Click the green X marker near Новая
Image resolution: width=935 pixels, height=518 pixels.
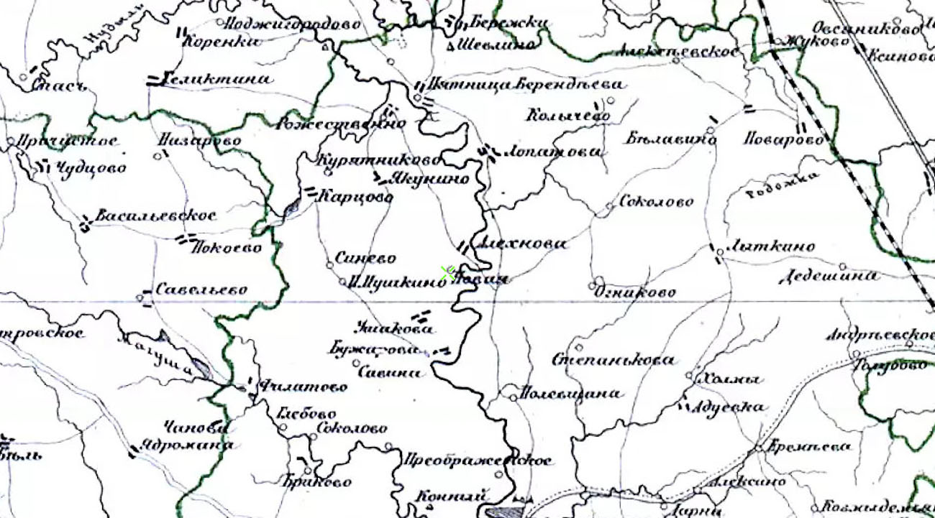click(x=448, y=272)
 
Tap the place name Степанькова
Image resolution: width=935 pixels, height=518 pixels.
click(x=614, y=360)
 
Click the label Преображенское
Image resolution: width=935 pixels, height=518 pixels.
click(x=478, y=460)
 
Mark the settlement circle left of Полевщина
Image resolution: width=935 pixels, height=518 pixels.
click(x=511, y=394)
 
